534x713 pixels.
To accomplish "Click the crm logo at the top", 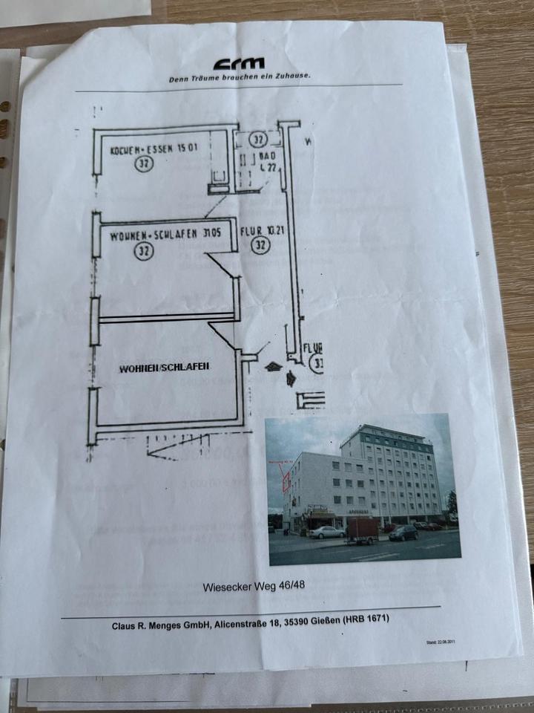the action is [238, 64].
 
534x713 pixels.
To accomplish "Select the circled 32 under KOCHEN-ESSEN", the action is [144, 163].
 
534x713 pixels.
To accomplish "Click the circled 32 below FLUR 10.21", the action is [260, 245].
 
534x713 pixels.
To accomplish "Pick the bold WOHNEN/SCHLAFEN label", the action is [164, 368].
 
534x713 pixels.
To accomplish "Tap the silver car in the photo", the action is [327, 533].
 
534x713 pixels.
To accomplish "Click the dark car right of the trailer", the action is [403, 533].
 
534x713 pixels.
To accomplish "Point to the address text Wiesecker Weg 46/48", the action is [254, 586].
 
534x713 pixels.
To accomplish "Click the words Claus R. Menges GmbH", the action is [160, 626].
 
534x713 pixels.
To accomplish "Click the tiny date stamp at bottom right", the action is [441, 641].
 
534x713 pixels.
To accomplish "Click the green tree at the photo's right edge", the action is [451, 505].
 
